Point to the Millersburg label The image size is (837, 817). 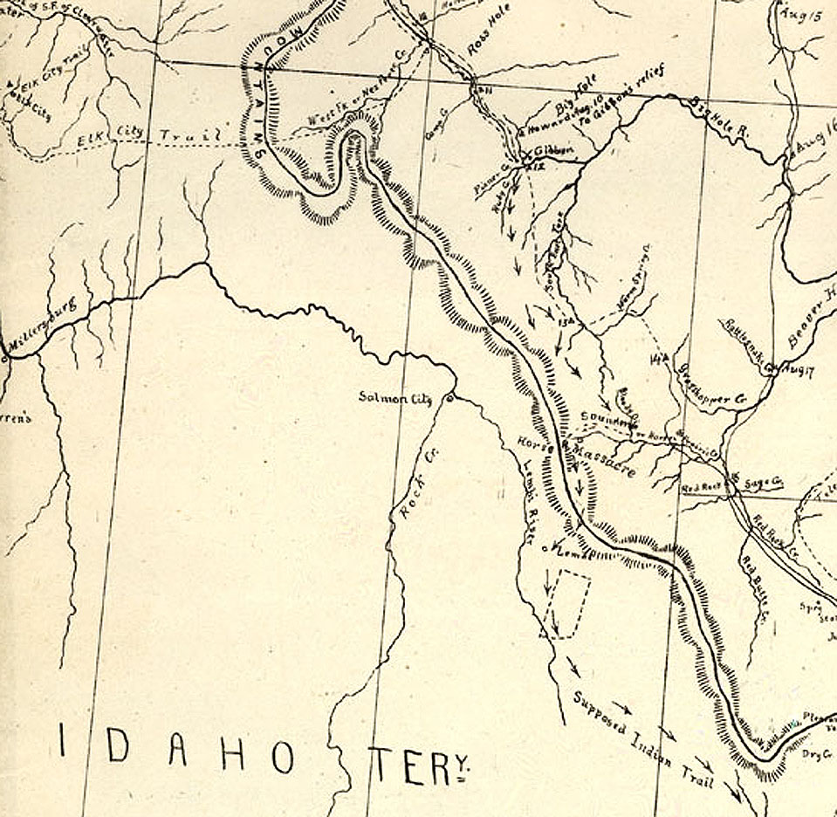point(43,330)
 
